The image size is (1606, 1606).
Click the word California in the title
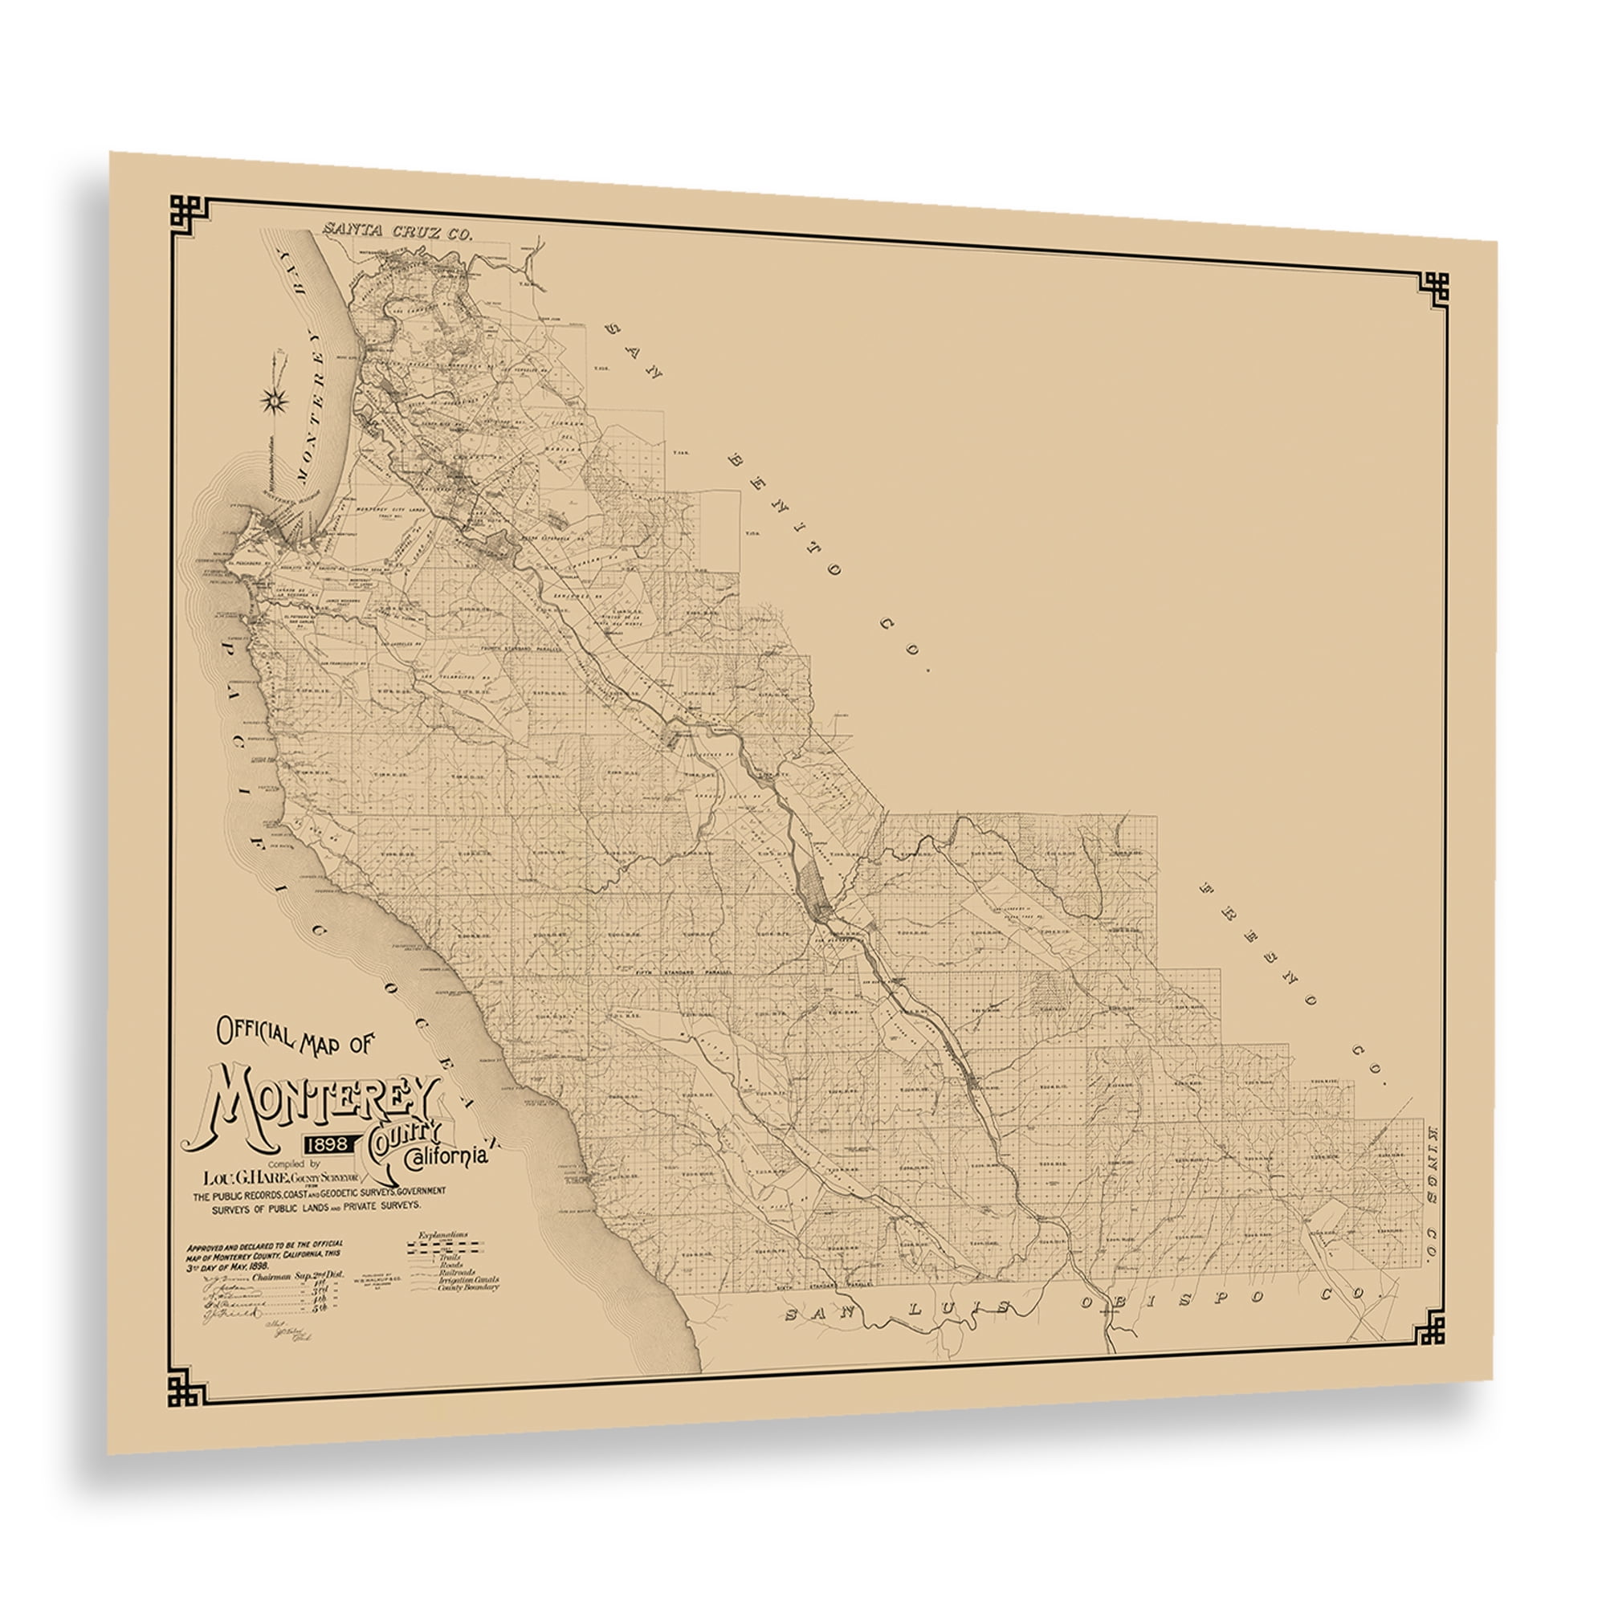pyautogui.click(x=446, y=1157)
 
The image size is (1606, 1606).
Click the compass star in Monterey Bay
pyautogui.click(x=275, y=399)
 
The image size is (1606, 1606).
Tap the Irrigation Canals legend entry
pyautogui.click(x=468, y=1279)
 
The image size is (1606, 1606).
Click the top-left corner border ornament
pyautogui.click(x=187, y=213)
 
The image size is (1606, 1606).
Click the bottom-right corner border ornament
pyautogui.click(x=1427, y=1328)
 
